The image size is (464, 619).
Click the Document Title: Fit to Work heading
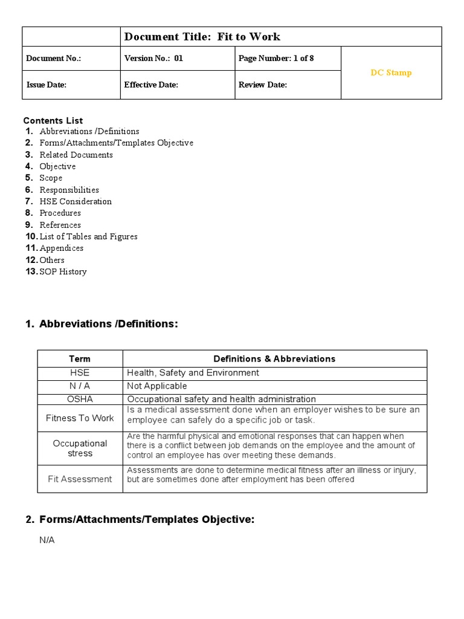click(x=202, y=37)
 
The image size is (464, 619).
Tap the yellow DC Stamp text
click(x=391, y=73)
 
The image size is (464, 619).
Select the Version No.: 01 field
click(x=153, y=59)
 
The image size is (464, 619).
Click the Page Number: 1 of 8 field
click(x=276, y=59)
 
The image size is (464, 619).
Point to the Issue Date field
click(x=47, y=85)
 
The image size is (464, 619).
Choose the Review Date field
click(x=263, y=85)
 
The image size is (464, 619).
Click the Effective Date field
click(x=151, y=85)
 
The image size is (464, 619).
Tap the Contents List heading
click(x=53, y=120)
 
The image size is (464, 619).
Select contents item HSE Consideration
click(x=76, y=201)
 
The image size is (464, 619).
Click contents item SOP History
click(x=63, y=271)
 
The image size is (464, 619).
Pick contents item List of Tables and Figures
click(x=88, y=236)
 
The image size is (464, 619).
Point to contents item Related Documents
click(x=76, y=155)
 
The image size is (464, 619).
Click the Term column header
click(x=80, y=358)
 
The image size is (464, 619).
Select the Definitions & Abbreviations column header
click(x=274, y=358)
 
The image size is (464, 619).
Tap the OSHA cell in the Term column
click(x=80, y=399)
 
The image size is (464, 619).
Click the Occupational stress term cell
click(x=80, y=448)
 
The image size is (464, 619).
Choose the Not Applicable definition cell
click(x=157, y=386)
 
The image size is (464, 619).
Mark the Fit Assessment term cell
click(x=80, y=479)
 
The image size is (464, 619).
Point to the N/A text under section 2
click(x=47, y=540)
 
